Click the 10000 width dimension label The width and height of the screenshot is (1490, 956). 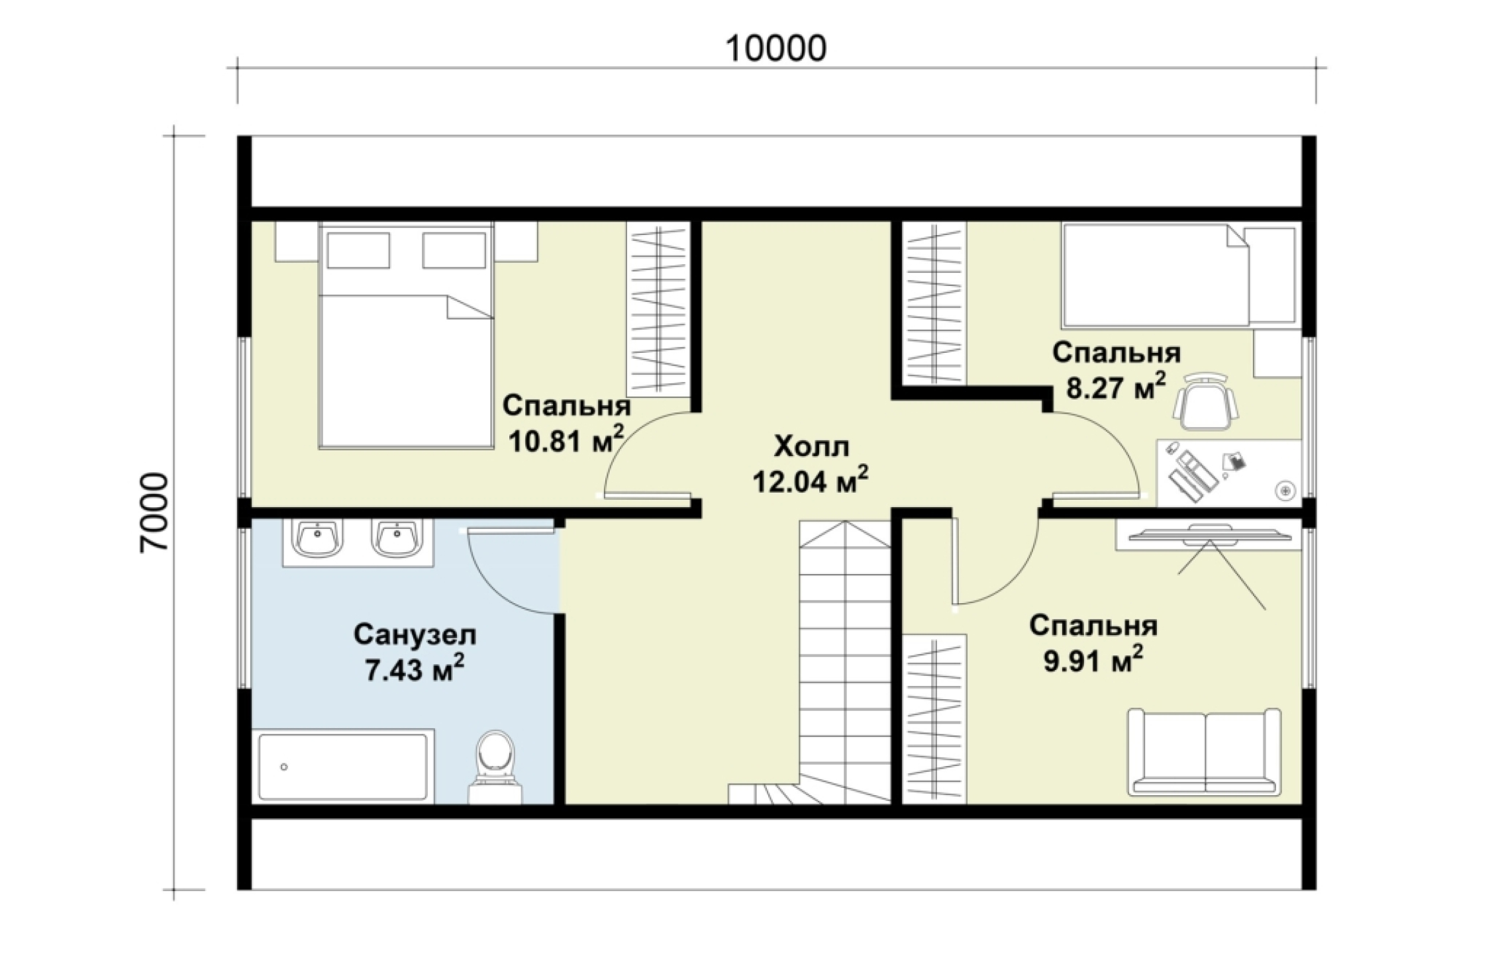coord(776,48)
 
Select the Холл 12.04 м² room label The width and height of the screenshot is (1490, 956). coord(811,465)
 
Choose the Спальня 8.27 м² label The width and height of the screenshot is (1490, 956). coord(1117,370)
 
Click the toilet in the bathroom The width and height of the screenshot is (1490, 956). coord(495,767)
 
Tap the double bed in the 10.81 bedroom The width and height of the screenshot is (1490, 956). coord(407,336)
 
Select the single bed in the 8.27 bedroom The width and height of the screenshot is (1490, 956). coord(1179,275)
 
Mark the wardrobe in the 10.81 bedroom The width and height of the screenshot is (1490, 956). coord(659,309)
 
